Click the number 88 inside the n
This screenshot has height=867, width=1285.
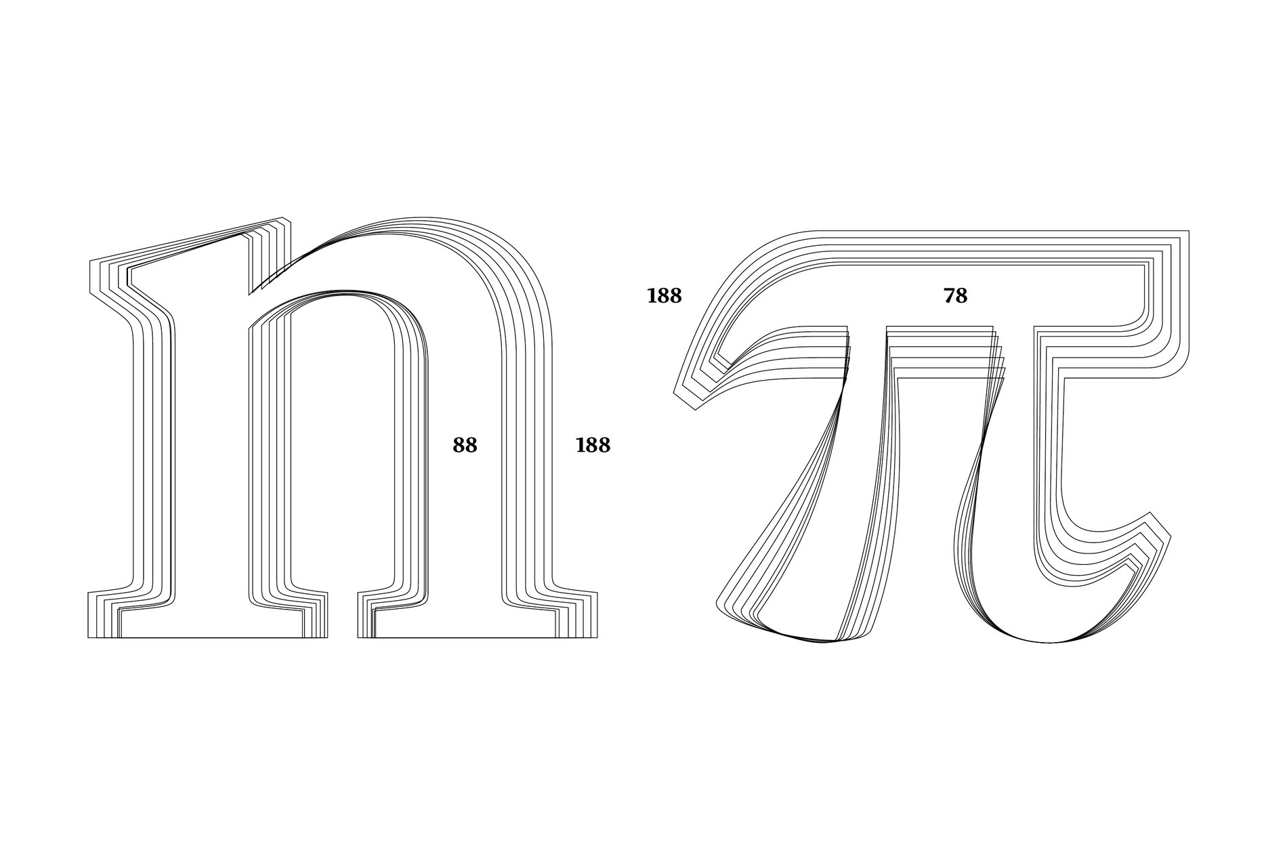[x=465, y=445]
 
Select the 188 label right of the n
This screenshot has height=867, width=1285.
[x=593, y=445]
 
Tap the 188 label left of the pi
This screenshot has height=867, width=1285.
[x=664, y=296]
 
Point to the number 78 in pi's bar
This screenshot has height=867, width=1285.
[x=955, y=296]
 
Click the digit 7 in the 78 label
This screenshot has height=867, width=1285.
[x=949, y=296]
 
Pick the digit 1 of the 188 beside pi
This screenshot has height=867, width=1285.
[x=652, y=296]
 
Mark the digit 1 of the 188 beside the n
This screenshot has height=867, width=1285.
[x=581, y=445]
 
